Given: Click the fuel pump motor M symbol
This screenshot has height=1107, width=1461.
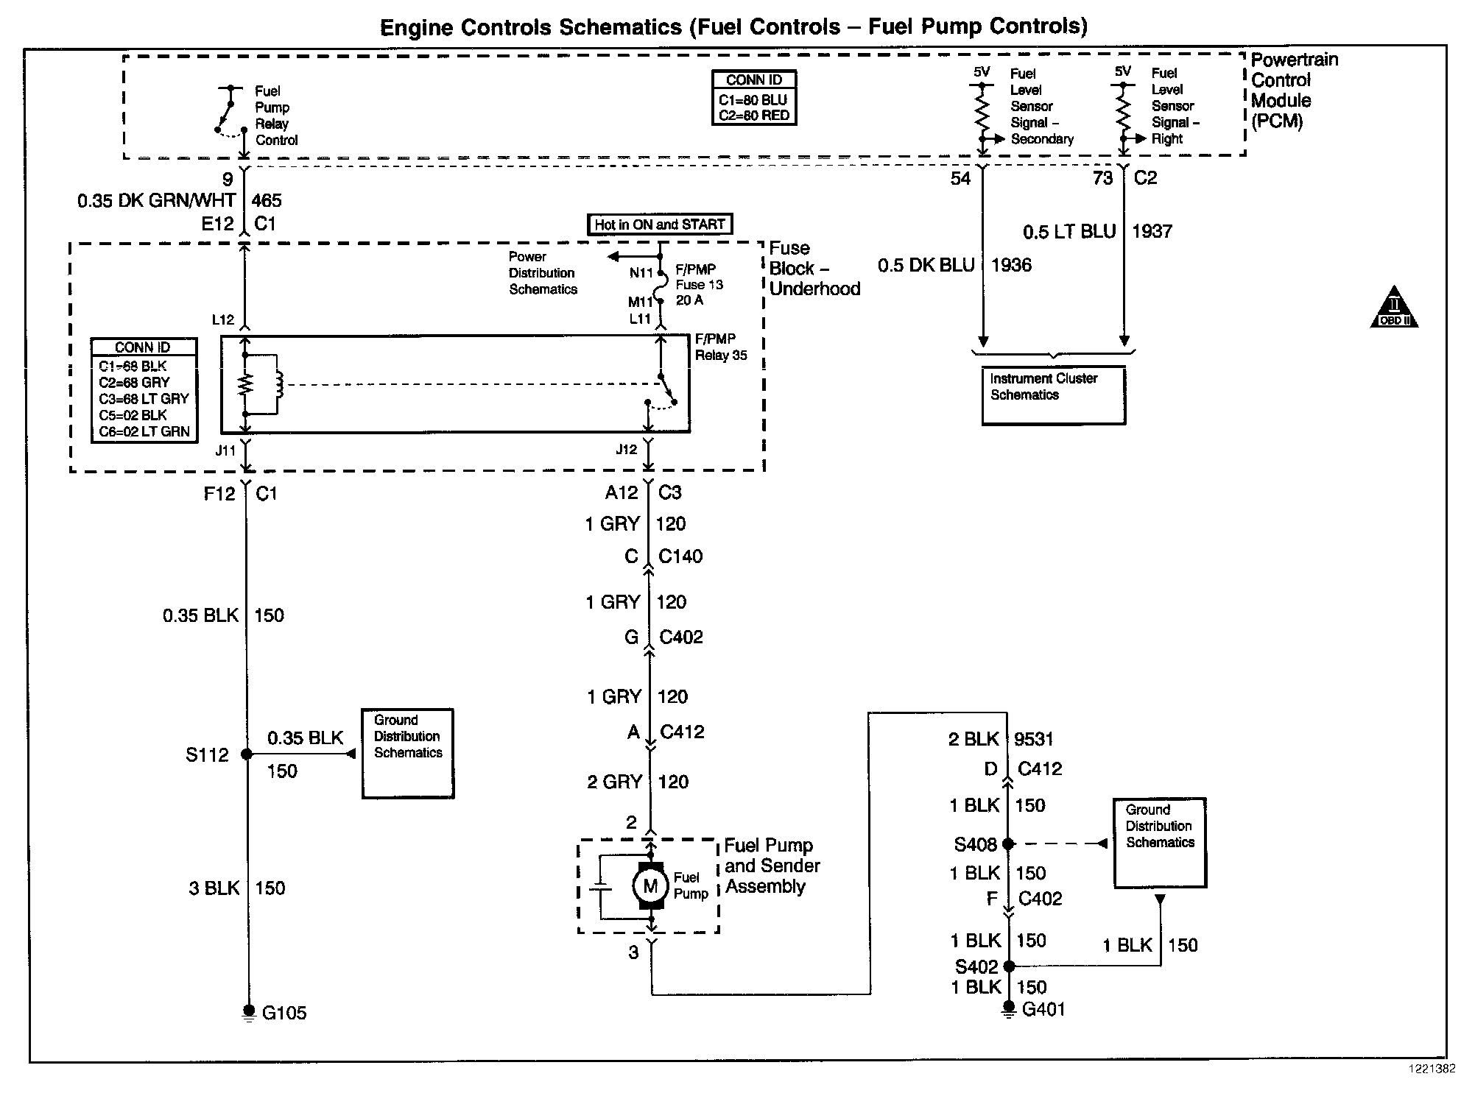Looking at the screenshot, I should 649,886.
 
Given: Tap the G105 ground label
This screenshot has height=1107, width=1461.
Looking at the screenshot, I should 284,1013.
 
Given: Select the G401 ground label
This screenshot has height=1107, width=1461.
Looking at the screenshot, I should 1043,1009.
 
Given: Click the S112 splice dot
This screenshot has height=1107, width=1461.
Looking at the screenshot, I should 247,754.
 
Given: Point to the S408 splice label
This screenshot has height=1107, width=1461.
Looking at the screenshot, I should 975,844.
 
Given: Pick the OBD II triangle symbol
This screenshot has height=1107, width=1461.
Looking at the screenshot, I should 1394,309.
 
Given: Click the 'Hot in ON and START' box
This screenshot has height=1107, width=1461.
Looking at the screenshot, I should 660,224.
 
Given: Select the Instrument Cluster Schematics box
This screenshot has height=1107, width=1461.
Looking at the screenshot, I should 1053,395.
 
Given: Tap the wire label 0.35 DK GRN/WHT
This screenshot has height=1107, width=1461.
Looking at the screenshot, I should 157,200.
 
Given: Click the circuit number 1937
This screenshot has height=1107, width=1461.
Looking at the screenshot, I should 1152,231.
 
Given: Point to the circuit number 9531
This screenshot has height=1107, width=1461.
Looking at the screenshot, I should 1033,739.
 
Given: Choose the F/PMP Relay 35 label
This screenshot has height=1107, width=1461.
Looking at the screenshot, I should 721,347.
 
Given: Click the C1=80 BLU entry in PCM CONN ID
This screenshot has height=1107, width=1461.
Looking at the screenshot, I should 753,100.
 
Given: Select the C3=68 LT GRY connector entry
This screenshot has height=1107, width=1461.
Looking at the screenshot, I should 144,398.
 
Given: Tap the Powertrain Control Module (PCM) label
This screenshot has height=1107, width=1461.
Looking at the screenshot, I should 1294,91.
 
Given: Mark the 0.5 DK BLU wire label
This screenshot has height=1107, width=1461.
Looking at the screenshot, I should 926,265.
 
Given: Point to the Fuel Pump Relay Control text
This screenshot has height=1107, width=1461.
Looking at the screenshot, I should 276,116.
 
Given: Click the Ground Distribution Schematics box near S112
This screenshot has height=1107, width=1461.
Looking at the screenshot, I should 407,753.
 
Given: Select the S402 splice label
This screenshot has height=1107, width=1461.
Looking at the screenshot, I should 976,966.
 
